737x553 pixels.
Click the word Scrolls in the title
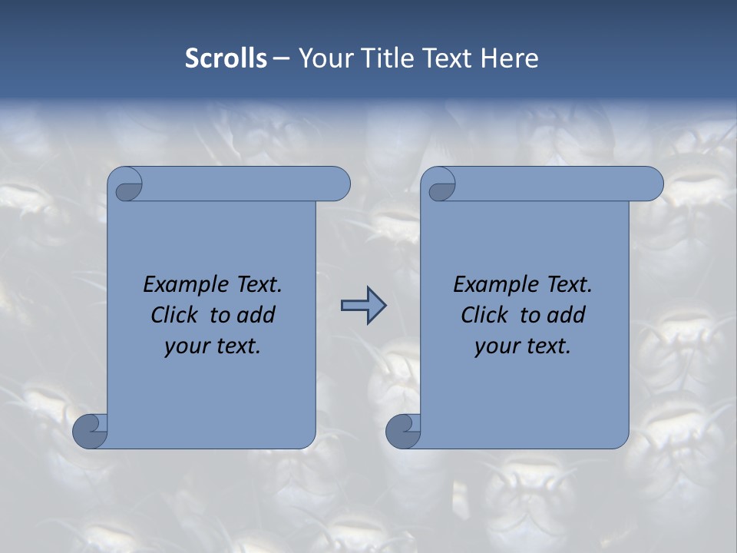[226, 58]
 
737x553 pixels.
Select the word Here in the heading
[510, 58]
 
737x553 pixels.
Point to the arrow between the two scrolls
[363, 306]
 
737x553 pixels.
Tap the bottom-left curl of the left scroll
[90, 430]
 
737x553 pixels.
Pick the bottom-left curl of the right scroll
[402, 430]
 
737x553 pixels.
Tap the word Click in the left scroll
[175, 315]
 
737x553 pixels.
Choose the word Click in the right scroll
[484, 315]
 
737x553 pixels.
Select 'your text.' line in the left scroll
[213, 346]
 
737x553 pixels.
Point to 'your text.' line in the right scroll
[522, 346]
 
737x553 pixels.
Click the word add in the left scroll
[256, 315]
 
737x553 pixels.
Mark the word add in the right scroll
[567, 315]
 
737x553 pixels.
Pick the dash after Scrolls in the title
[281, 59]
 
